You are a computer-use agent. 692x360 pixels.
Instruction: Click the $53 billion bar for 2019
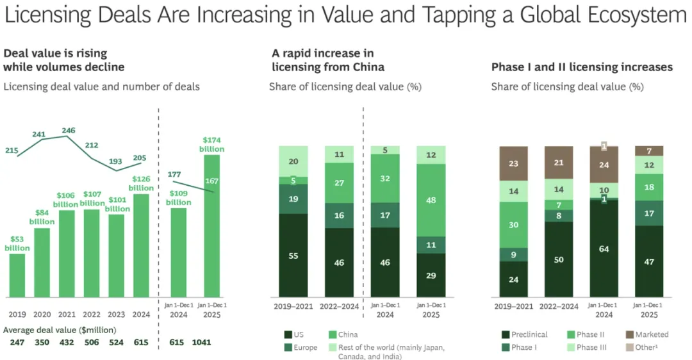click(x=17, y=275)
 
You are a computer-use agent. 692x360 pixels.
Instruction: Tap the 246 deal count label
click(x=68, y=131)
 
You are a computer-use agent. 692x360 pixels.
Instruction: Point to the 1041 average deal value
click(x=201, y=343)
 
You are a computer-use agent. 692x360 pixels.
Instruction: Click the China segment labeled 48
click(x=432, y=200)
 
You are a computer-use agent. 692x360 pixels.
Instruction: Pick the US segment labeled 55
click(x=293, y=256)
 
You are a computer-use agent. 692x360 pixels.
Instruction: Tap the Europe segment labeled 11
click(x=432, y=245)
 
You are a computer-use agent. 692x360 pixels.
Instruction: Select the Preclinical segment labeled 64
click(x=603, y=249)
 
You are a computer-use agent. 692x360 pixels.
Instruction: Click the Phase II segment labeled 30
click(x=513, y=225)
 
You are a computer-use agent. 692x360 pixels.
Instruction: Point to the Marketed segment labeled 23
click(x=513, y=163)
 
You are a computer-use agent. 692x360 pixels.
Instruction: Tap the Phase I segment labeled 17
click(x=649, y=213)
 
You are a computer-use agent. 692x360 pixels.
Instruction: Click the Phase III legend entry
click(x=587, y=347)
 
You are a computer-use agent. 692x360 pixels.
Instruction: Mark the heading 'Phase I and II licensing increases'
click(x=582, y=67)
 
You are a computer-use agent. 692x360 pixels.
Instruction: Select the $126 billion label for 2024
click(x=141, y=183)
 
